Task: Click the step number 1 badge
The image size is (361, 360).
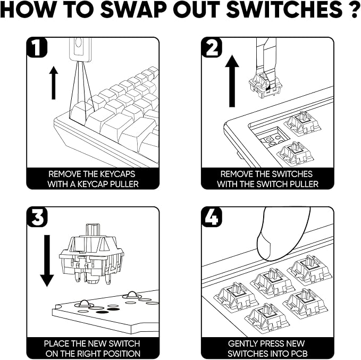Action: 37,47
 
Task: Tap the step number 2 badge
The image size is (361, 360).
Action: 212,47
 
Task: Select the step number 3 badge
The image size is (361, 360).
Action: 37,217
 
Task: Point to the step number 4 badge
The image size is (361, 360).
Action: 212,217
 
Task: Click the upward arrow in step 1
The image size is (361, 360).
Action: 54,82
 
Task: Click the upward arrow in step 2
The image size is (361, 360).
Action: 232,81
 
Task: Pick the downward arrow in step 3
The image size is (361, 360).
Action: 47,261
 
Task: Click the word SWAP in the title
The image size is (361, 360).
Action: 133,10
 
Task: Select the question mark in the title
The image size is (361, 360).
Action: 353,10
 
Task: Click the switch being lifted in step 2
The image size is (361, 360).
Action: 265,85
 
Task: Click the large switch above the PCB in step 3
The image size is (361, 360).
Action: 91,254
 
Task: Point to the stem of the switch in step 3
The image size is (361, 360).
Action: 93,230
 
